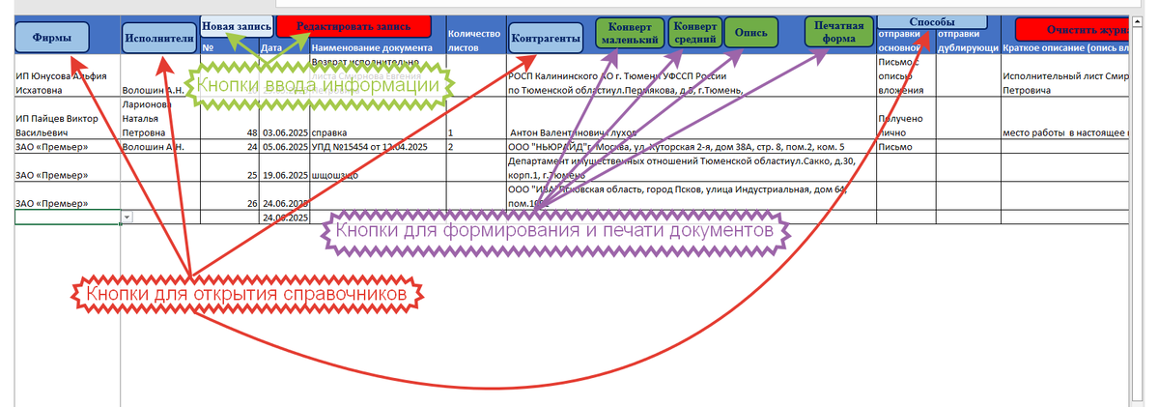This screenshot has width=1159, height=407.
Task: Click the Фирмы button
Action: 53,38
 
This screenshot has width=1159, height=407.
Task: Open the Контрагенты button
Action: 546,38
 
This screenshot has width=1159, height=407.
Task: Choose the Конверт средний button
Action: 693,33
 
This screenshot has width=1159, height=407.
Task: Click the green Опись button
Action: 750,33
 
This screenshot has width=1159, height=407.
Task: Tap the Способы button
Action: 932,21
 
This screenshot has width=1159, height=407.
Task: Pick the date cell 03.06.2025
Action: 284,131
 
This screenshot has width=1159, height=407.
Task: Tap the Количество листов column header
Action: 474,39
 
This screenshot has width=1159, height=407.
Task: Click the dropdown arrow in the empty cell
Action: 127,218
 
